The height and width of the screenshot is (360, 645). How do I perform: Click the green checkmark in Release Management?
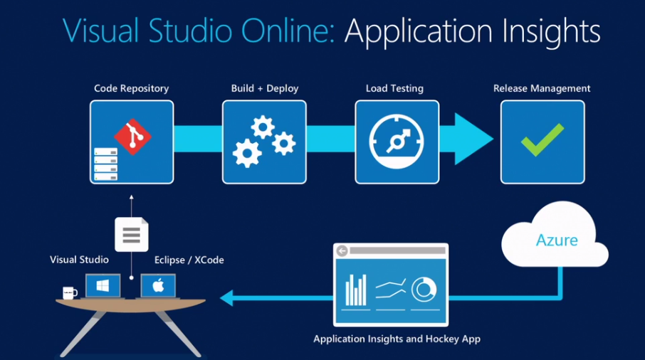(x=542, y=140)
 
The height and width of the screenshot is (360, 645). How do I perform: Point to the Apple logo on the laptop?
(x=158, y=286)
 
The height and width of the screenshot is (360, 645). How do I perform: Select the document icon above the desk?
(x=132, y=234)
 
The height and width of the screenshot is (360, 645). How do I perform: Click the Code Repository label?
(x=132, y=89)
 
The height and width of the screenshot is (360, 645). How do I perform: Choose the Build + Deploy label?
(x=265, y=89)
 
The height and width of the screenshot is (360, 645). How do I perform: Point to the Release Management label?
(x=542, y=89)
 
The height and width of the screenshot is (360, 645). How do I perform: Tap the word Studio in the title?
(x=187, y=31)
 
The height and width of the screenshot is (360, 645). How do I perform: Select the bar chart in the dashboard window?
(x=355, y=290)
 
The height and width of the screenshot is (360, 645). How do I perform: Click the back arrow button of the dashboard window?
(x=342, y=251)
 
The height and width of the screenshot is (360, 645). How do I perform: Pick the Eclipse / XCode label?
(x=189, y=260)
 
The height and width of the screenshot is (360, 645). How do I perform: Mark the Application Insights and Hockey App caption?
(x=397, y=339)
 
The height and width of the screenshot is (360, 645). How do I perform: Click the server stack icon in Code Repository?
(x=105, y=164)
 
